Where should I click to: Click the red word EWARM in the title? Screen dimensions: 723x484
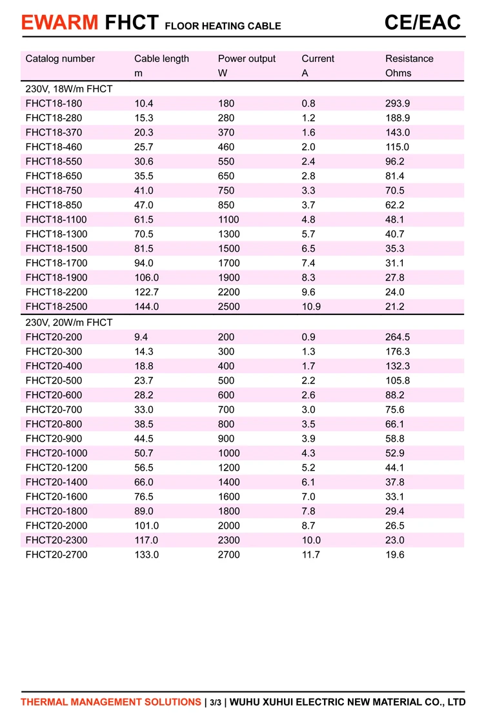[x=59, y=23]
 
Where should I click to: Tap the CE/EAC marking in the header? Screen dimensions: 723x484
[x=423, y=23]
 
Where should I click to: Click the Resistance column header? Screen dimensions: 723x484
[x=409, y=59]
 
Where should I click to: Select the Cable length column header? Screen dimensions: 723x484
[x=161, y=59]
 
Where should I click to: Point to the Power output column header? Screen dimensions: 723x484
[x=247, y=59]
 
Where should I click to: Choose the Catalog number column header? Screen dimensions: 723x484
[x=60, y=59]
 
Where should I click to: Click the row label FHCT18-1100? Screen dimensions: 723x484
[x=56, y=219]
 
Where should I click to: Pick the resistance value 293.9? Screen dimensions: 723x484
[x=398, y=103]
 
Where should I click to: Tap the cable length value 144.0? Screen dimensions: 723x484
[x=146, y=307]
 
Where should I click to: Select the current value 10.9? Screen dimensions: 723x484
[x=311, y=307]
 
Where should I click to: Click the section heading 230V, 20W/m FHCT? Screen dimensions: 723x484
[x=69, y=322]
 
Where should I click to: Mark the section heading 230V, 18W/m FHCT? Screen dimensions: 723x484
[x=69, y=88]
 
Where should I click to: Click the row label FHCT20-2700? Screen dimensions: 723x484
[x=56, y=555]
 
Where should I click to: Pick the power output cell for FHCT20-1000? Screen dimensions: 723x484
[x=229, y=453]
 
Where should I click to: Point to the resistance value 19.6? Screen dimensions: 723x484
[x=395, y=555]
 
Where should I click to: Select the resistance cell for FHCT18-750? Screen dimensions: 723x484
[x=395, y=190]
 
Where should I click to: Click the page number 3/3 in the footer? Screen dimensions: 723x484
[x=216, y=702]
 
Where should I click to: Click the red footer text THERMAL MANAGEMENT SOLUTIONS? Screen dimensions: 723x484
[x=110, y=702]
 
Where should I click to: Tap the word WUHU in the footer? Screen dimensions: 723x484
[x=244, y=702]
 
